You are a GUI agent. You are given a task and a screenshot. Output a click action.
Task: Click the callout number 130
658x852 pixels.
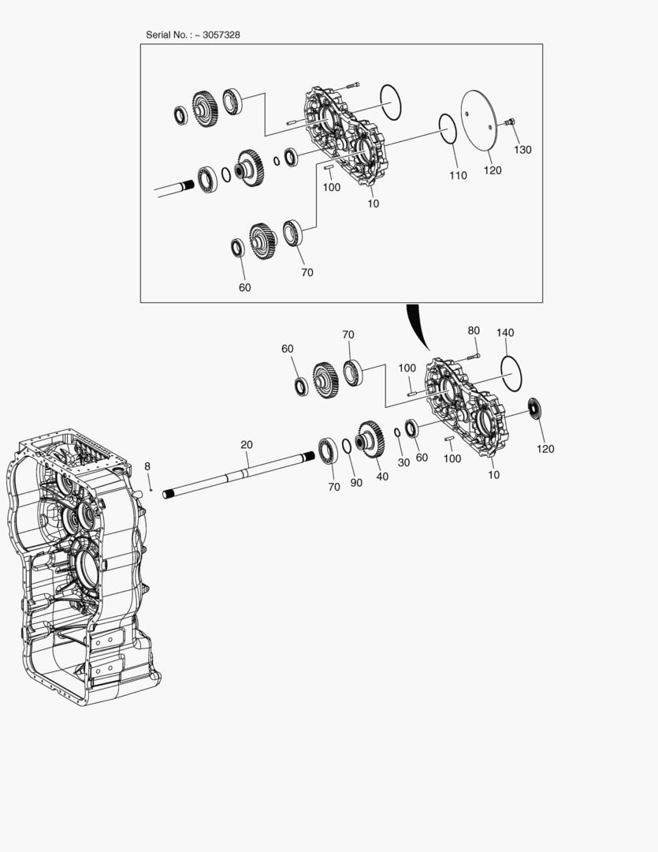[522, 150]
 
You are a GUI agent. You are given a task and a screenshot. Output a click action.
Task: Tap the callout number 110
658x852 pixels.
[458, 176]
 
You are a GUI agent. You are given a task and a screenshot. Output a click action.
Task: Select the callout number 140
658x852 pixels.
[505, 333]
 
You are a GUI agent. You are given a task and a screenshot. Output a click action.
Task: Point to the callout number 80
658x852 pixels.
[474, 331]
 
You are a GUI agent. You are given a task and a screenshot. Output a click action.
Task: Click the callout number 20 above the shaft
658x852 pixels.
[247, 445]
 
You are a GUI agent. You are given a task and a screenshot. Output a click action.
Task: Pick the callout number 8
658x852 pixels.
[147, 466]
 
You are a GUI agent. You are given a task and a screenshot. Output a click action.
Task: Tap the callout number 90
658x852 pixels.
[356, 483]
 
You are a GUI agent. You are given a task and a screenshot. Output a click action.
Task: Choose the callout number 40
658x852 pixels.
[382, 476]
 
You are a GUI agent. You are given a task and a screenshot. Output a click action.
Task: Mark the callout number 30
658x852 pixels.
[403, 462]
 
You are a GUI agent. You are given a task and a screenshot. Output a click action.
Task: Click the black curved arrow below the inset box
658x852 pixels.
[416, 327]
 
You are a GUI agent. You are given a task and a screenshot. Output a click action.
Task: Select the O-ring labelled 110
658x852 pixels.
[447, 129]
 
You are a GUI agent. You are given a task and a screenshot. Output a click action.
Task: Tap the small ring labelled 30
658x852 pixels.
[398, 432]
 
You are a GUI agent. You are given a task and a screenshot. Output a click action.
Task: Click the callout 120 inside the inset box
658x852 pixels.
[492, 170]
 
